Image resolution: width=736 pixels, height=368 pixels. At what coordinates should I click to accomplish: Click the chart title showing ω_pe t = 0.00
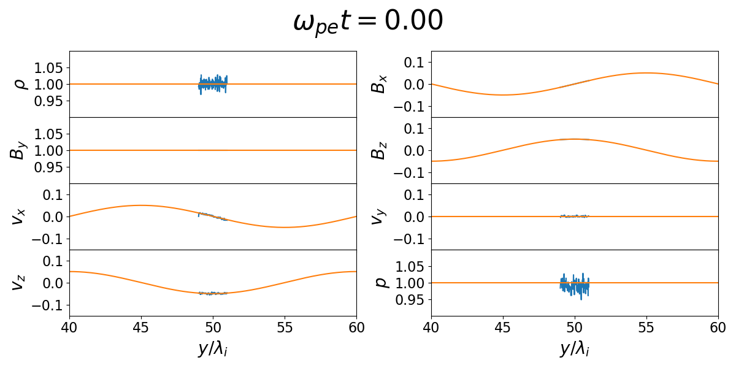(x=368, y=22)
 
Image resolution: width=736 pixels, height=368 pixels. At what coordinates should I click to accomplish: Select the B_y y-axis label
(x=18, y=150)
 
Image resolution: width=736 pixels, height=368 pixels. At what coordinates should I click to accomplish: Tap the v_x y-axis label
(x=18, y=217)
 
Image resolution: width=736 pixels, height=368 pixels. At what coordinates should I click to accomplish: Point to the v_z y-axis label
(x=18, y=283)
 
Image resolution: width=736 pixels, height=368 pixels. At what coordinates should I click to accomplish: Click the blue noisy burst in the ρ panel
(x=213, y=84)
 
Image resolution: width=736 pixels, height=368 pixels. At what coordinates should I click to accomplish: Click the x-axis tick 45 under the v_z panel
(x=141, y=327)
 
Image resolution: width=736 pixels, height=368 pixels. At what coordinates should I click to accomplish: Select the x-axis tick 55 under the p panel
(x=646, y=327)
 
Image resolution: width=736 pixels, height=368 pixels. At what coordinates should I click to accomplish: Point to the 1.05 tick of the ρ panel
(x=52, y=67)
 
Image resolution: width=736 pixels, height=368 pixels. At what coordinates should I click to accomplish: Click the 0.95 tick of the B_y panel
(x=52, y=167)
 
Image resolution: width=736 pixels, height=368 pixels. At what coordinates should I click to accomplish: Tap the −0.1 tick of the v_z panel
(x=48, y=305)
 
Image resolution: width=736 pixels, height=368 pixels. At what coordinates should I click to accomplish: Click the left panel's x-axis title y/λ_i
(x=213, y=349)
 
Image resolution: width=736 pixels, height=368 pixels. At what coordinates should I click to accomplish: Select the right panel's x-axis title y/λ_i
(x=575, y=349)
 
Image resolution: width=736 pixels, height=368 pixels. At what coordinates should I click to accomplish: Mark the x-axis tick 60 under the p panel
(x=718, y=327)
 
